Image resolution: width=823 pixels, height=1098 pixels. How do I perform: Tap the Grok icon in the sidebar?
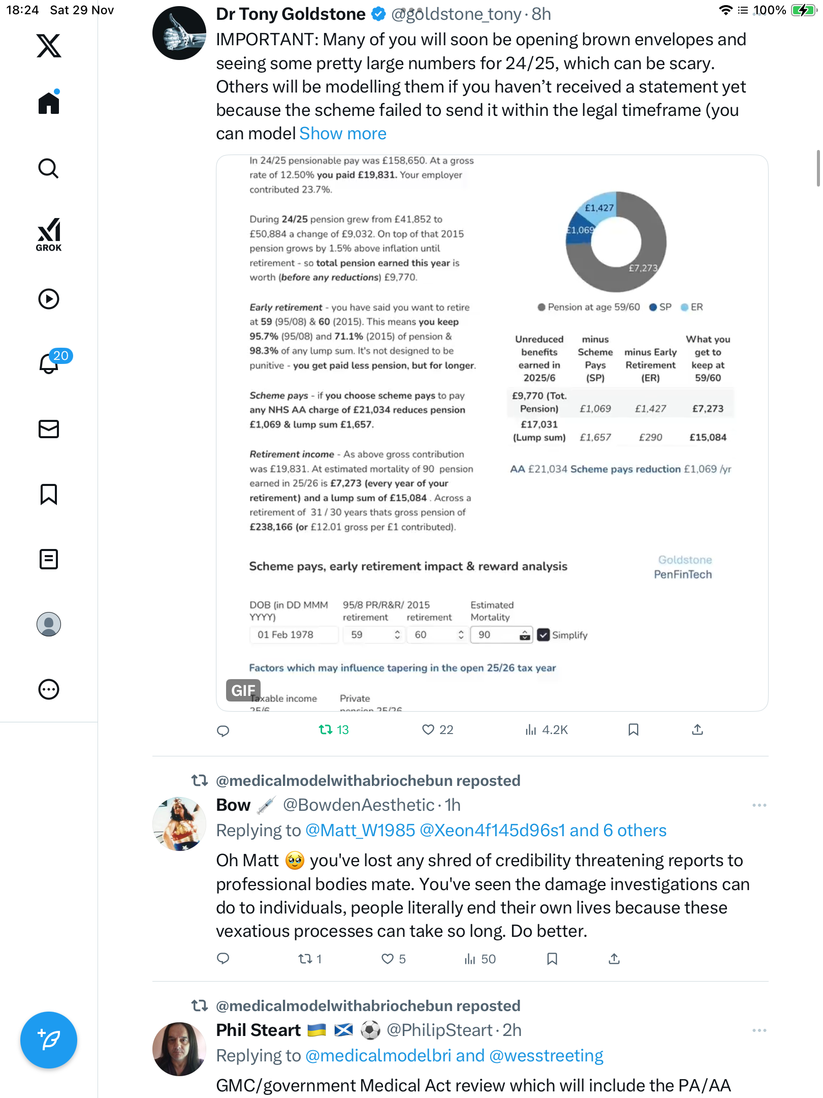tap(49, 234)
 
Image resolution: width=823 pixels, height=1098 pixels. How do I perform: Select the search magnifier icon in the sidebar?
tap(49, 168)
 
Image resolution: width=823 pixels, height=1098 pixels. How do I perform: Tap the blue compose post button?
tap(49, 1040)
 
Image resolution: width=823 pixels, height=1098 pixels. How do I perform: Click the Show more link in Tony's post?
tap(343, 134)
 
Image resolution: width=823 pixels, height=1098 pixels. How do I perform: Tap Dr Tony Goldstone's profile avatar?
tap(179, 34)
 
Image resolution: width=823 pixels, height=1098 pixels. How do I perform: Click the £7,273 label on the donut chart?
tap(643, 268)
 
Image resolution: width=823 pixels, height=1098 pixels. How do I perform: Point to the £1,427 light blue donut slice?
tap(599, 207)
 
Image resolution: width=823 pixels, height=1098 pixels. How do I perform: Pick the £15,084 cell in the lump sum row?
tap(708, 437)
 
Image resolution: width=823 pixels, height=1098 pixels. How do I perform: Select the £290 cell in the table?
tap(650, 437)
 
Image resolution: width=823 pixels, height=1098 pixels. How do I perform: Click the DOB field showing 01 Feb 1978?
tap(293, 634)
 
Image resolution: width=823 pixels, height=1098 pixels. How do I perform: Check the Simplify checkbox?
tap(544, 635)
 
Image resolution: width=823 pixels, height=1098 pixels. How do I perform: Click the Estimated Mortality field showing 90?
tap(495, 634)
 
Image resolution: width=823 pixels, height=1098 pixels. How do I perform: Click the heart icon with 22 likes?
tap(428, 730)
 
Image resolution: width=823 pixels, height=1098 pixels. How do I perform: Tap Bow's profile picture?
tap(179, 824)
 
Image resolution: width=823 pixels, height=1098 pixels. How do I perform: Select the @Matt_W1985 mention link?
tap(360, 831)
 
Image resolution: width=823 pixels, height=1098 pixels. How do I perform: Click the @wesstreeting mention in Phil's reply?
tap(546, 1056)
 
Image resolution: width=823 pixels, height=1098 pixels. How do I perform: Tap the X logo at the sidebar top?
tap(49, 46)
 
